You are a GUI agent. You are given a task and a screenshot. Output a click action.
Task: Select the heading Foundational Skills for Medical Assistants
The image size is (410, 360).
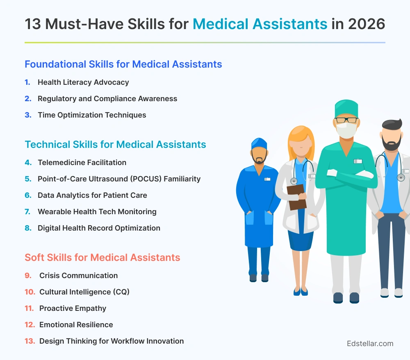pyautogui.click(x=123, y=64)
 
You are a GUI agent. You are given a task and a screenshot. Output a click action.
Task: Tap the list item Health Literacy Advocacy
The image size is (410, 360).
pyautogui.click(x=83, y=82)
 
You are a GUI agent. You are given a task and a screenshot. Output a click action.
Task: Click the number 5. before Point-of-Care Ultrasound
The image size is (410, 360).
pyautogui.click(x=28, y=179)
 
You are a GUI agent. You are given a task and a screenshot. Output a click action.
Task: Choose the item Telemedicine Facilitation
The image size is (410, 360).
pyautogui.click(x=82, y=163)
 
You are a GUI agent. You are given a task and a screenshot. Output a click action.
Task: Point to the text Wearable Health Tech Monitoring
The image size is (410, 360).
pyautogui.click(x=97, y=212)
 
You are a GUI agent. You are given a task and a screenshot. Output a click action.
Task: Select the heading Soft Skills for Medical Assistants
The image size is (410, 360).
pyautogui.click(x=102, y=258)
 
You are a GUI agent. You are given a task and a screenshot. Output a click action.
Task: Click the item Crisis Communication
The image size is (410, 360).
pyautogui.click(x=78, y=276)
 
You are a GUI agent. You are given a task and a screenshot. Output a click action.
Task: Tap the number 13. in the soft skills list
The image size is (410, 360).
pyautogui.click(x=30, y=341)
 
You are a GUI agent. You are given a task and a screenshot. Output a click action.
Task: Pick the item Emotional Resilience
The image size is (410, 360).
pyautogui.click(x=76, y=325)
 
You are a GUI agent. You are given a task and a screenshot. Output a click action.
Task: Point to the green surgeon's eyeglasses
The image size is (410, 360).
pyautogui.click(x=346, y=120)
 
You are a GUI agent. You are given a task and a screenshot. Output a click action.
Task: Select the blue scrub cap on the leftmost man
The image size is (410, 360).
pyautogui.click(x=259, y=143)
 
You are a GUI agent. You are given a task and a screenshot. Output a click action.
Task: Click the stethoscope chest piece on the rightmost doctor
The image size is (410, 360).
pyautogui.click(x=401, y=177)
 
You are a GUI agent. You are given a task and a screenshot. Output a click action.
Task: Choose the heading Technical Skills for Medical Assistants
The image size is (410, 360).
pyautogui.click(x=115, y=145)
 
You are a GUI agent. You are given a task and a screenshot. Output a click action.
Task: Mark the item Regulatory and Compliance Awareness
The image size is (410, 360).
pyautogui.click(x=107, y=99)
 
